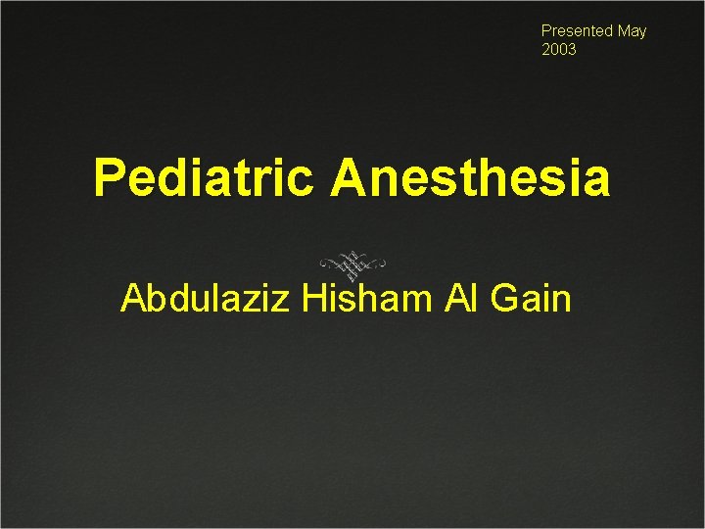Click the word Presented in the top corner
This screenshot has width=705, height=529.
(x=577, y=31)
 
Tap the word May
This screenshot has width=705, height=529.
(x=632, y=31)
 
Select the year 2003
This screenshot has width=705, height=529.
(x=559, y=49)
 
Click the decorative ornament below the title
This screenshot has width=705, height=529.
(x=352, y=264)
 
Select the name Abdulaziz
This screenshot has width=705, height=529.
(x=205, y=298)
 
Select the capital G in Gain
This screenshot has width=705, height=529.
(x=503, y=298)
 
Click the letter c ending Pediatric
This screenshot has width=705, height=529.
(x=301, y=181)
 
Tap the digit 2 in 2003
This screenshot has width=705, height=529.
(x=546, y=49)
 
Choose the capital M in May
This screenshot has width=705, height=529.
(x=624, y=31)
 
